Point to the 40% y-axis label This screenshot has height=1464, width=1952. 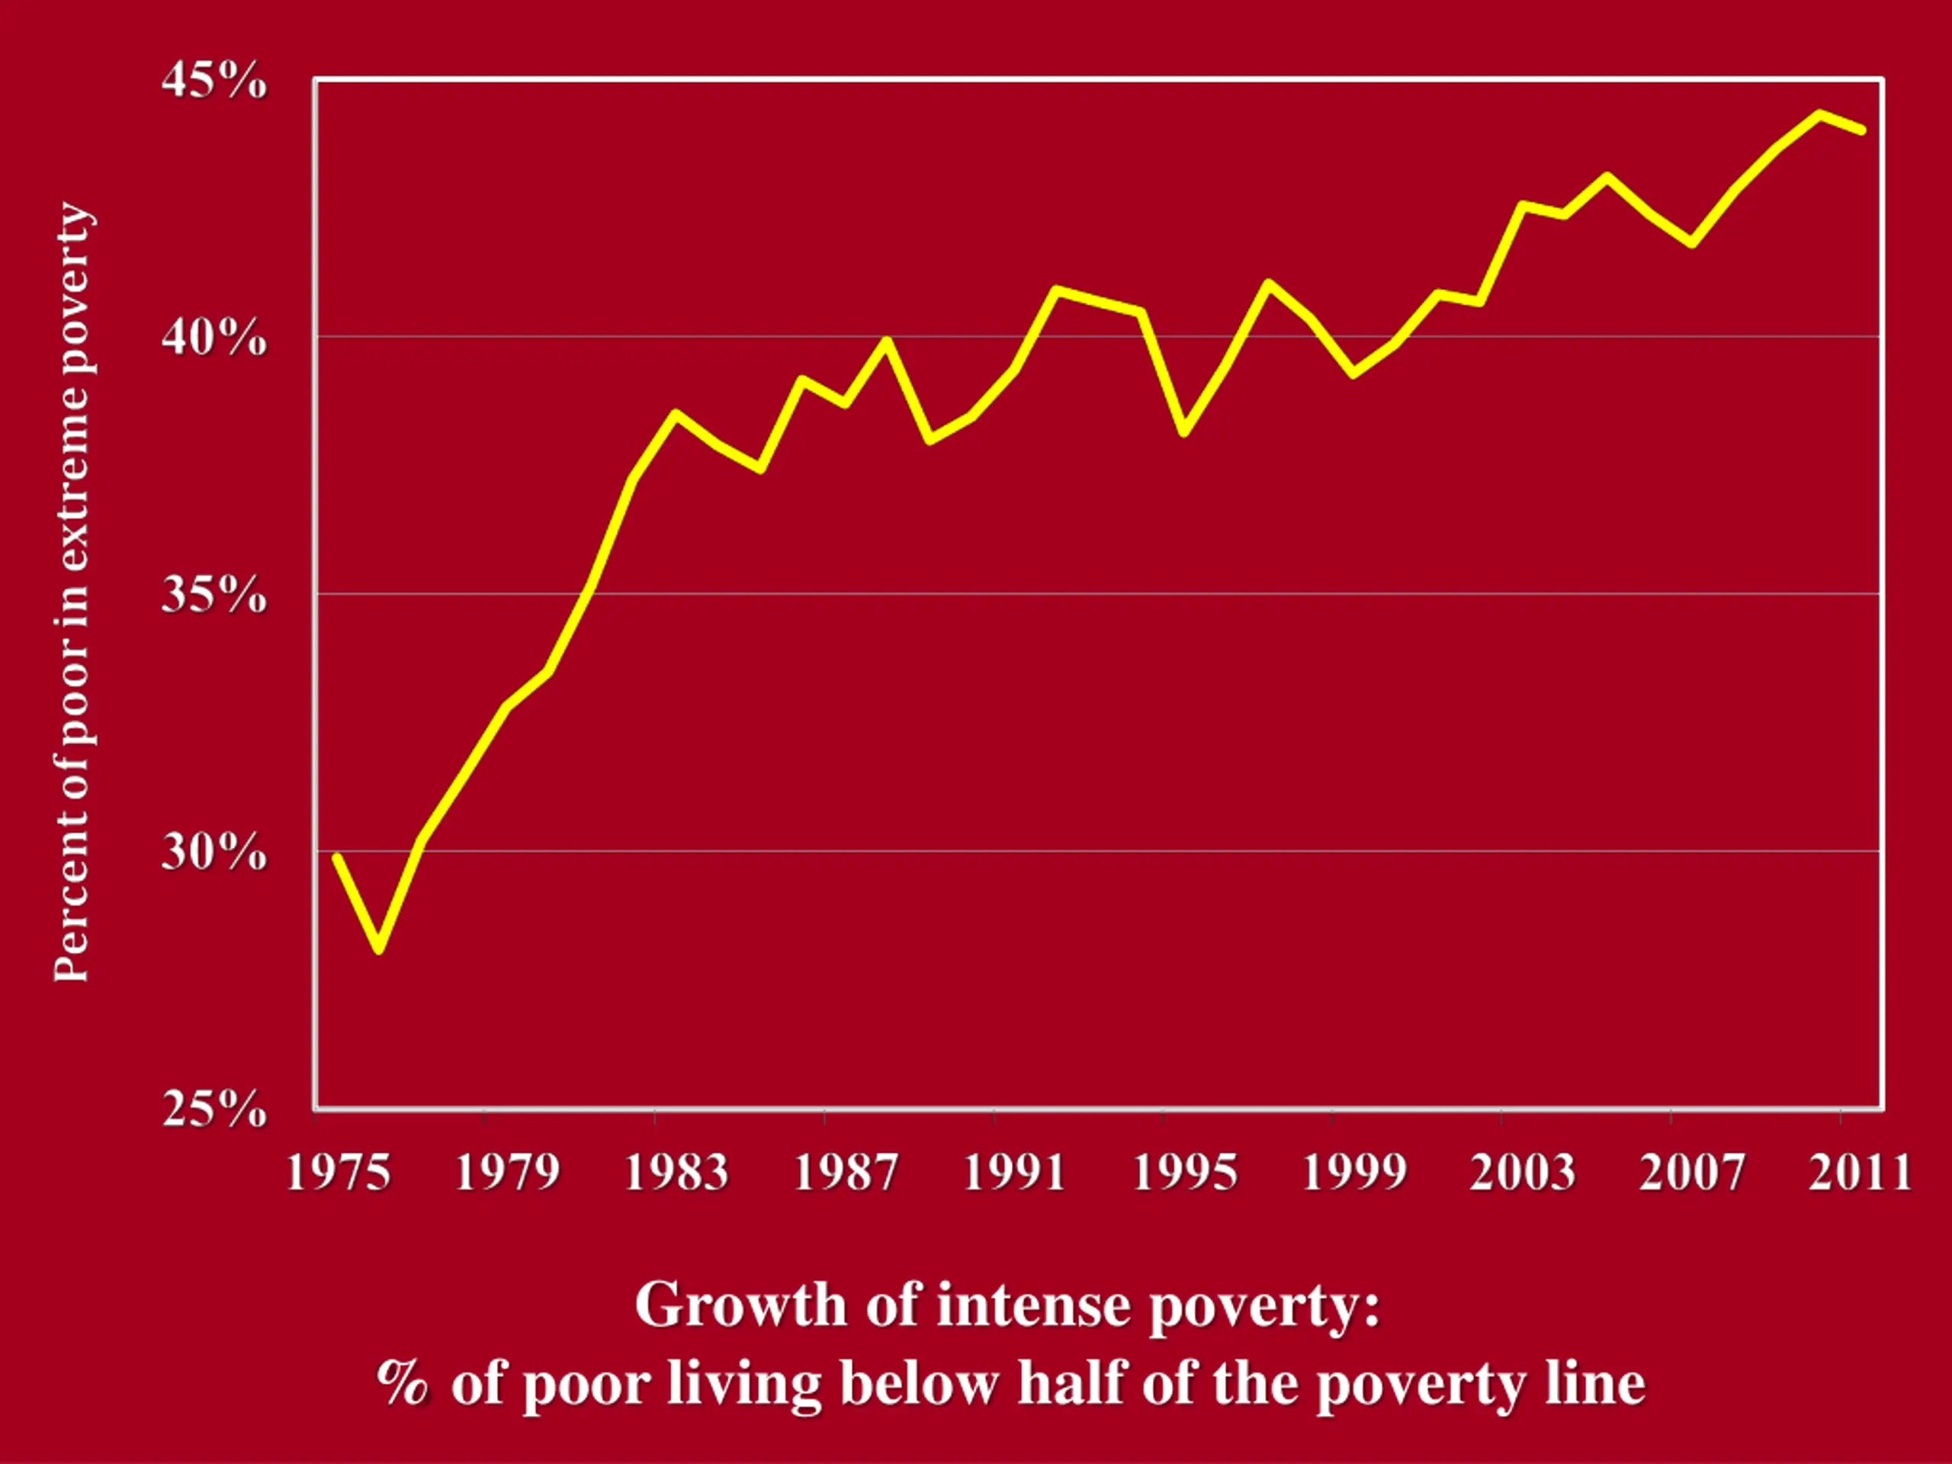tap(213, 337)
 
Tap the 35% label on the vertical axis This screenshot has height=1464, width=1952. tap(213, 595)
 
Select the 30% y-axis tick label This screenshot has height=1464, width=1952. tap(213, 852)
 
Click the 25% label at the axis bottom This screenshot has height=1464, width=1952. tap(213, 1109)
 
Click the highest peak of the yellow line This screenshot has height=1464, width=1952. tap(1819, 114)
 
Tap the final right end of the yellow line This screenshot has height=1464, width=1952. tap(1861, 130)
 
